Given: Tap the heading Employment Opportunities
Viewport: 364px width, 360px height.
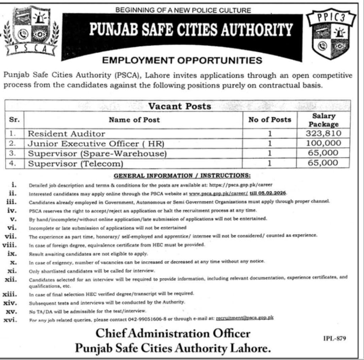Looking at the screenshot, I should pos(182,60).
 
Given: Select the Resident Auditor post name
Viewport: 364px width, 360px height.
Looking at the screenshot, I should pos(66,134).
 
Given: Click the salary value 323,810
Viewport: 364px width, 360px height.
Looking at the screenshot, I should pos(323,134).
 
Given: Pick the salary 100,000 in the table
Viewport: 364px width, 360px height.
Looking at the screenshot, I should pos(323,144).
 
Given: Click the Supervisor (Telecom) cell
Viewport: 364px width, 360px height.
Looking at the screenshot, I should pos(75,163).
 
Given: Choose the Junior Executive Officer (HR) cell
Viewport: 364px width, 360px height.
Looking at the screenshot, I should pos(96,144).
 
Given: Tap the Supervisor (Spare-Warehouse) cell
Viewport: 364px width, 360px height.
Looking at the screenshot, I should pos(97,154).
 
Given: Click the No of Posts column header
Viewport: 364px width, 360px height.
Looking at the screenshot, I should pos(270,120).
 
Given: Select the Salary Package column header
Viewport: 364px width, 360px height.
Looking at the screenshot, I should pos(323,120).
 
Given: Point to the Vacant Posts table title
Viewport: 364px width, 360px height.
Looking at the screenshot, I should pos(180,106).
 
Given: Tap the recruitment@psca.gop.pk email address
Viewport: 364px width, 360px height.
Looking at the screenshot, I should pos(245,318).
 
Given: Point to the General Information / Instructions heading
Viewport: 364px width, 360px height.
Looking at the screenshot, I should pos(182,175).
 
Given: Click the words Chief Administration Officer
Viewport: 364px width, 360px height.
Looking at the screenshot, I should pos(173,334).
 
